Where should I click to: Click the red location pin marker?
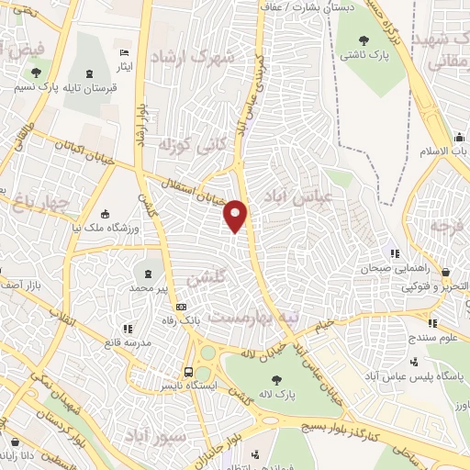pos(237,216)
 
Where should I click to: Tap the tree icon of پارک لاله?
pos(274,377)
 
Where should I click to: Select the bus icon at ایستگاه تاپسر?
pos(188,372)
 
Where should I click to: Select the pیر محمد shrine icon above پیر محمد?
pos(149,273)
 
